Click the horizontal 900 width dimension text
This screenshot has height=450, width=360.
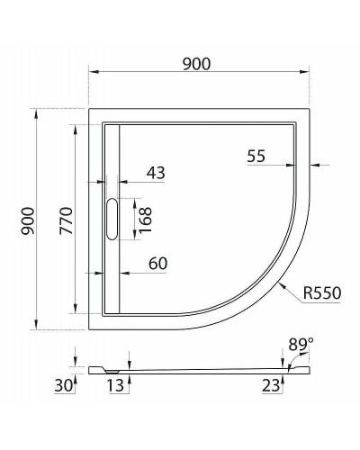(x=196, y=63)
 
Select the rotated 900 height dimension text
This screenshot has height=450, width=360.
(x=27, y=220)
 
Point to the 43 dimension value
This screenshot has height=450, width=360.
(x=156, y=171)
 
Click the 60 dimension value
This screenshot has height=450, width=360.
(x=157, y=263)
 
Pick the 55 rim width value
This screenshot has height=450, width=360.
(x=255, y=156)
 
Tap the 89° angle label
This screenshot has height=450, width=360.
(x=301, y=344)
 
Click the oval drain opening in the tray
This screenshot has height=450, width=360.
(x=112, y=220)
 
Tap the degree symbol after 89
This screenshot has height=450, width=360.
(x=310, y=340)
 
